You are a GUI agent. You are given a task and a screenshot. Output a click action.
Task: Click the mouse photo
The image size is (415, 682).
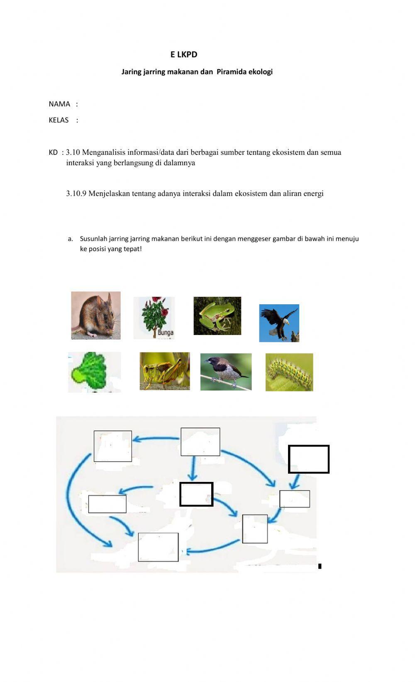95,315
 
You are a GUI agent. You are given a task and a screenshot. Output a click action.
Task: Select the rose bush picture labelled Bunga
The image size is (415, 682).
154,318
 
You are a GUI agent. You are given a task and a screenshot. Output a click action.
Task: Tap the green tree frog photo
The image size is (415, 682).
217,316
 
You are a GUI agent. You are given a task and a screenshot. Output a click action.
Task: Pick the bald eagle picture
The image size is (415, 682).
279,323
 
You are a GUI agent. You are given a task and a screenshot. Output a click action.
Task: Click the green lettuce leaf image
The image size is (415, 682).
94,372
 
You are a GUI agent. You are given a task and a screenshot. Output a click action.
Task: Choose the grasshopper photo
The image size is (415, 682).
164,371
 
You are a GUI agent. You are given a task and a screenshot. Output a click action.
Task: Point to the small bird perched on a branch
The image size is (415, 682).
226,372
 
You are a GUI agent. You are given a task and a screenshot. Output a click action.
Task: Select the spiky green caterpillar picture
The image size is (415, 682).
289,372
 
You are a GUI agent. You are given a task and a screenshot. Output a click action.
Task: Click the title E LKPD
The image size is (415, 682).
183,54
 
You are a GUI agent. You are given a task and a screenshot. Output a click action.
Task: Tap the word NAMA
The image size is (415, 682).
59,104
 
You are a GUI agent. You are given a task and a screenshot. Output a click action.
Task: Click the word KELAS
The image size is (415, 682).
59,120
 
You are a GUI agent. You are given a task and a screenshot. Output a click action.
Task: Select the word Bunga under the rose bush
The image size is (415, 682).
165,332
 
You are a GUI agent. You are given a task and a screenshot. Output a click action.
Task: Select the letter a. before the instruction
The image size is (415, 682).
70,239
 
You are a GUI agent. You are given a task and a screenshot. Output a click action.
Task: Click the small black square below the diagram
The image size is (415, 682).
320,566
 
